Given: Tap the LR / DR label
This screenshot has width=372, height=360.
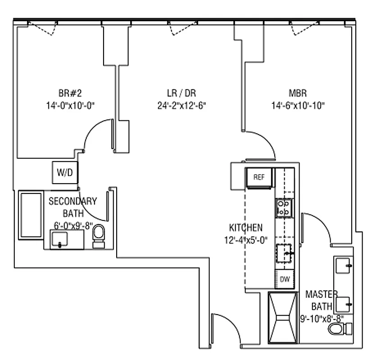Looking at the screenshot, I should point(180,94).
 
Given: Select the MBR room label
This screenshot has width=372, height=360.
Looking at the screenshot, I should point(298,94).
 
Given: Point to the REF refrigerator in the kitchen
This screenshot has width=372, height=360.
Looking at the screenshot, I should point(259,177).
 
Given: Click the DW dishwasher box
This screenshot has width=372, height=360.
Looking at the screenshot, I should point(285,279).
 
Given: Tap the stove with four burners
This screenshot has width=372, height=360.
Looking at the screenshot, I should point(284,207).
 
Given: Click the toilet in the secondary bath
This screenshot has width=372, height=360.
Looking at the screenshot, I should point(98,237).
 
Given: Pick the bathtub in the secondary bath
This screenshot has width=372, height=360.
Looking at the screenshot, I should point(30,215).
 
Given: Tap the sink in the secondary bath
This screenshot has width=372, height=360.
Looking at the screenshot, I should point(60,239).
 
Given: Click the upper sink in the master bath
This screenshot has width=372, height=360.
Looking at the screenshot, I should point(343,266).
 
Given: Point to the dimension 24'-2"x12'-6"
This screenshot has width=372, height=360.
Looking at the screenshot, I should point(180,106).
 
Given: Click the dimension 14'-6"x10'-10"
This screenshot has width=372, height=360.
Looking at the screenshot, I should point(298,106).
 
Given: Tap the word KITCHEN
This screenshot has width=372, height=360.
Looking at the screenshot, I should point(245,228).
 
